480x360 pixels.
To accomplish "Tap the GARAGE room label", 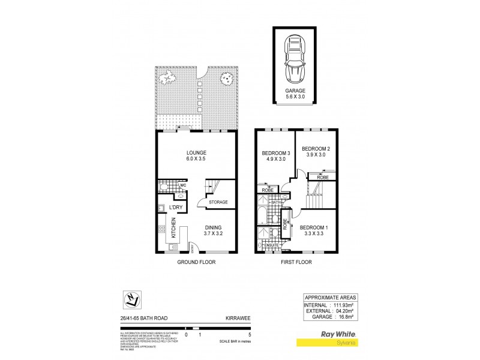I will [x=295, y=91].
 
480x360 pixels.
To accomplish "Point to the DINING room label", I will [x=213, y=227].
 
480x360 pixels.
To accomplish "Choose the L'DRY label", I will [x=175, y=208].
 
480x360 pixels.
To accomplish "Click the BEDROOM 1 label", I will [x=313, y=227].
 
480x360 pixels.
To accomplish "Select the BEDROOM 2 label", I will [x=316, y=149].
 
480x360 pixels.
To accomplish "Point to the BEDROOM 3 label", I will [x=276, y=154].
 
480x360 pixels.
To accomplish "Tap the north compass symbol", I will [x=128, y=299].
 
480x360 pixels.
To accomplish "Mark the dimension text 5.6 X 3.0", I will [x=295, y=98].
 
